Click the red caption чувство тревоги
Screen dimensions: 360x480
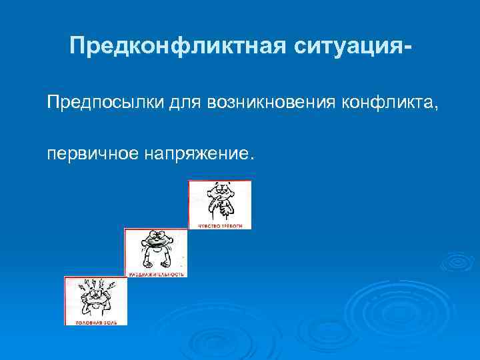tap(221, 226)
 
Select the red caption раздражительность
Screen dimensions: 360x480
tap(156, 274)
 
